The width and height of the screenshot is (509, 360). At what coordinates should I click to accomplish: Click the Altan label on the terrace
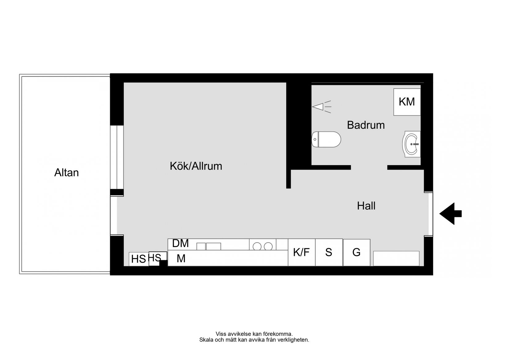[66, 173]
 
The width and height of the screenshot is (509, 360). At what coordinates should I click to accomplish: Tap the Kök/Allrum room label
[196, 166]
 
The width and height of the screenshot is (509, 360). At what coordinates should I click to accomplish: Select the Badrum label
[366, 125]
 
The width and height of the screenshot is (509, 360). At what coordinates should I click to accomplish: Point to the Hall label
[366, 206]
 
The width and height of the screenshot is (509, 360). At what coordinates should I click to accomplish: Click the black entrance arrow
[450, 214]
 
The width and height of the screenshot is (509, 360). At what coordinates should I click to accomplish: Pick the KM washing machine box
[407, 102]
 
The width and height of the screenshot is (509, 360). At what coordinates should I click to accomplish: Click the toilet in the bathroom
[326, 140]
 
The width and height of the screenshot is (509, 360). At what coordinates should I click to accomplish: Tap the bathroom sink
[412, 144]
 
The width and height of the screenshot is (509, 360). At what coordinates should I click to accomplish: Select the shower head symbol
[321, 107]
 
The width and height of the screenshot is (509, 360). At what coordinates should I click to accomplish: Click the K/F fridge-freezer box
[301, 252]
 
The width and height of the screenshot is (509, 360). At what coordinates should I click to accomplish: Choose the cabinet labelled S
[329, 252]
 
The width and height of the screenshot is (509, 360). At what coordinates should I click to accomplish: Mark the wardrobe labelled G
[357, 252]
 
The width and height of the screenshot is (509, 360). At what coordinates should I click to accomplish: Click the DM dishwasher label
[180, 243]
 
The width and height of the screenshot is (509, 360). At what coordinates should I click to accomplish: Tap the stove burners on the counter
[263, 246]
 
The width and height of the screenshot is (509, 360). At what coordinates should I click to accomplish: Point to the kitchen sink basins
[209, 246]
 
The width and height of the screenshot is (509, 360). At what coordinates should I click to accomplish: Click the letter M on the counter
[181, 258]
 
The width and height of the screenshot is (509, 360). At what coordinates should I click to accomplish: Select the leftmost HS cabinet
[139, 259]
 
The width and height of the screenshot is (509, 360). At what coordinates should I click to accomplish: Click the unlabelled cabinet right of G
[396, 258]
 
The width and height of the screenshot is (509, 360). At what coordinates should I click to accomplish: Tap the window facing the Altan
[117, 157]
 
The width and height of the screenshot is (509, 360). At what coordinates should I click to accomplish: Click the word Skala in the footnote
[206, 340]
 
